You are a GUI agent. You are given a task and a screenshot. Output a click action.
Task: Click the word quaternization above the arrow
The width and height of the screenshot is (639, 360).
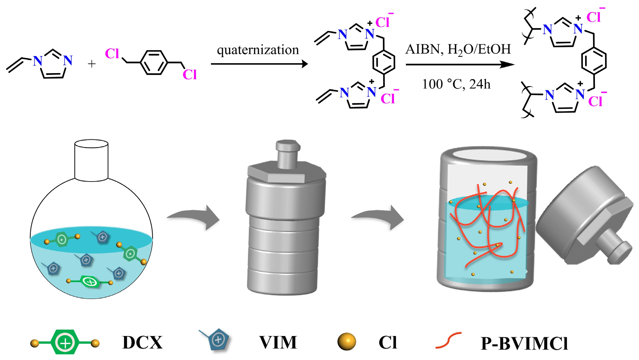pos(258,50)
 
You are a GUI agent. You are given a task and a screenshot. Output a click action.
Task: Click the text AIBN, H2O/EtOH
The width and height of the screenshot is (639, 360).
pos(458,49)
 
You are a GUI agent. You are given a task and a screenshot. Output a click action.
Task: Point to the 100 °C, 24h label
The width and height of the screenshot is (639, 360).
pos(456,84)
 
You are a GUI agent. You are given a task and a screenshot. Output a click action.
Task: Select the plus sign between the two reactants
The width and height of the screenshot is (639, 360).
pos(92,64)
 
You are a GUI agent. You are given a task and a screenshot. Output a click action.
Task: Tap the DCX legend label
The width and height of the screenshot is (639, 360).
pos(142,343)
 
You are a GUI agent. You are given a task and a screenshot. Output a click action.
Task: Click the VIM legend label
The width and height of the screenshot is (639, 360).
pos(278,343)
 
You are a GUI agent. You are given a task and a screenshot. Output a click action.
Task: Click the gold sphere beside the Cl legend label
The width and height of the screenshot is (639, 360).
pos(346,341)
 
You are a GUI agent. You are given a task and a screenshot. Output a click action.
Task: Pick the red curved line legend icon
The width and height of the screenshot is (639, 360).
pos(448,340)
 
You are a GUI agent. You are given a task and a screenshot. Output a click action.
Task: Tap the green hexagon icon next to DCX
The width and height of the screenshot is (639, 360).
pos(65,342)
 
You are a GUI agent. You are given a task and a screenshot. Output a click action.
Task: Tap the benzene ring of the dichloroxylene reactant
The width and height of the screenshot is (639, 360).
pos(154,63)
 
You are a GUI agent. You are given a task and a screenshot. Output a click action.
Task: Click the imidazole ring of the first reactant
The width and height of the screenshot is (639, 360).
pos(53,65)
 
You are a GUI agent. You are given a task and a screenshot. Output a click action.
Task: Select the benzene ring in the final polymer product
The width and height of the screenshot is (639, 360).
pos(594,61)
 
